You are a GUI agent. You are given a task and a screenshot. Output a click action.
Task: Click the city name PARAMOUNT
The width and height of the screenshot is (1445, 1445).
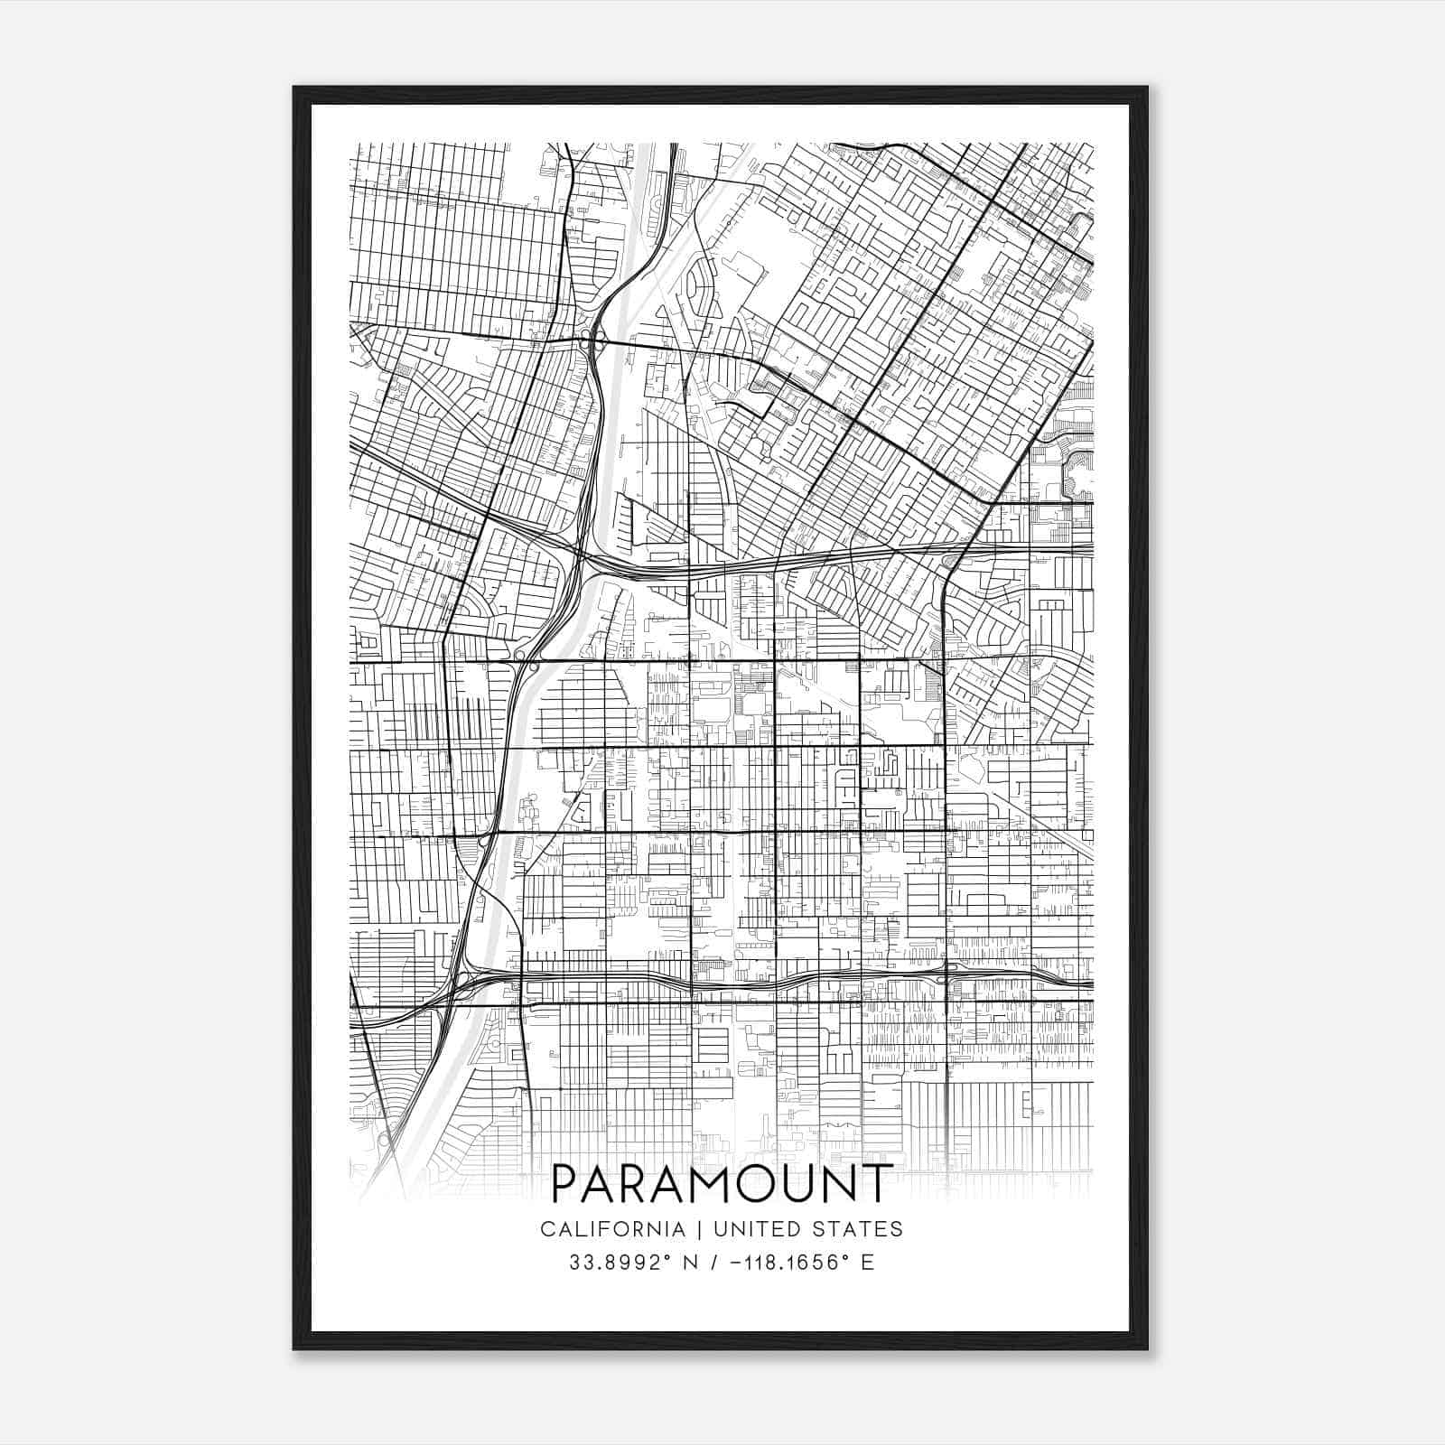pos(722,1184)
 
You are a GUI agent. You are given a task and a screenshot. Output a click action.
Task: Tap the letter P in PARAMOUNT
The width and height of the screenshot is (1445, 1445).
pos(564,1184)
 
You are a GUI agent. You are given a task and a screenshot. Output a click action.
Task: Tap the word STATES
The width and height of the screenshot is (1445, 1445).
pos(865,1229)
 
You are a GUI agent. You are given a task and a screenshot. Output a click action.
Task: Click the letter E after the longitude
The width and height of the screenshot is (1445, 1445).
pos(869,1263)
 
